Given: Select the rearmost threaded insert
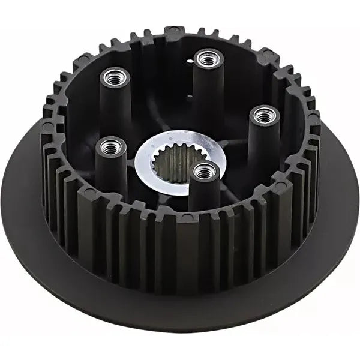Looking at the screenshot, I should coord(208,59).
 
